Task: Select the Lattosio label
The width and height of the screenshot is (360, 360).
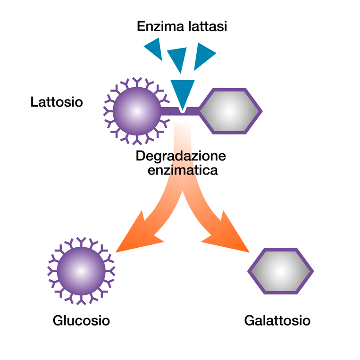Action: click(56, 102)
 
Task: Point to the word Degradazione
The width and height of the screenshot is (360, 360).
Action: click(181, 156)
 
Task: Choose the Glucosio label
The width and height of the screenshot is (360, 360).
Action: click(81, 321)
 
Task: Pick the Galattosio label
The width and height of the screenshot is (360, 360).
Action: click(277, 321)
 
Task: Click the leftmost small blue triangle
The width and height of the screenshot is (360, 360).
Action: click(154, 48)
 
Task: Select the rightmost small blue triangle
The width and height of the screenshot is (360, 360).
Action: click(204, 55)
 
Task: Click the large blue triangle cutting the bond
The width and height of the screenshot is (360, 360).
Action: click(182, 92)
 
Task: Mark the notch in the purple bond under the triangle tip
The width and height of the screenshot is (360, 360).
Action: click(182, 112)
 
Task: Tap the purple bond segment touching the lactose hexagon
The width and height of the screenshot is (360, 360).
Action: click(194, 111)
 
